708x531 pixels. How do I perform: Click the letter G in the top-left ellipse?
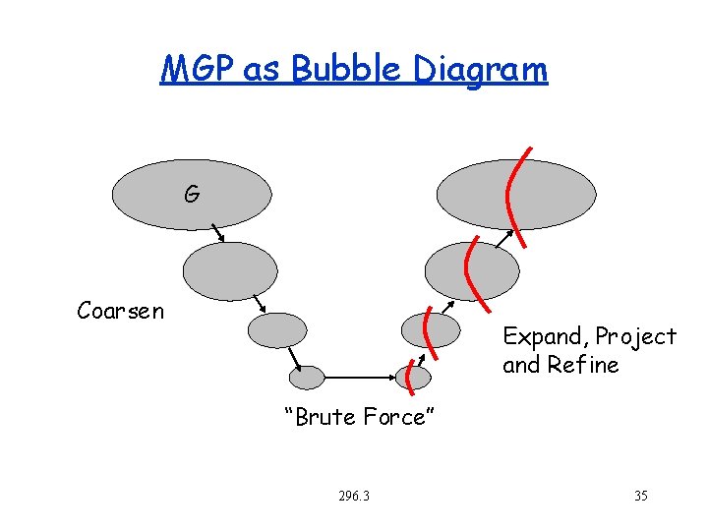pos(192,195)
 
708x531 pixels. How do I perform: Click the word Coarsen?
pos(121,312)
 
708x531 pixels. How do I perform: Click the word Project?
pos(634,337)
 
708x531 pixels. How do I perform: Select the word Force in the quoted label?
pos(396,417)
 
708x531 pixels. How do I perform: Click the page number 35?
pos(641,496)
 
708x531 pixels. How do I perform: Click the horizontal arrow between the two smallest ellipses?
pos(359,377)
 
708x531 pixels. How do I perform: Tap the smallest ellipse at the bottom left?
pos(307,377)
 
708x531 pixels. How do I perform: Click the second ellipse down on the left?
pos(231,270)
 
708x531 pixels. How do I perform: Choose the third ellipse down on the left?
pos(277,330)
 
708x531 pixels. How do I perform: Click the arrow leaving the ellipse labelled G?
pos(217,233)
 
